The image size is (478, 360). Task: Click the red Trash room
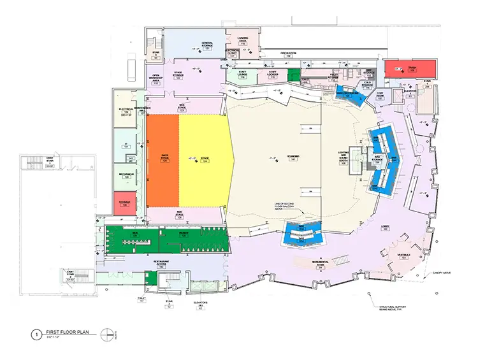(412, 68)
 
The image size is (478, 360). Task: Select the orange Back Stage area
(163, 159)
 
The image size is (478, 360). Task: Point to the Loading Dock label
(243, 41)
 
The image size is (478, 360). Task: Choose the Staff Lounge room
(243, 75)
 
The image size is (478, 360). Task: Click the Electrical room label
(126, 111)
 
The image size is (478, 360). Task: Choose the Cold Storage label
(366, 85)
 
